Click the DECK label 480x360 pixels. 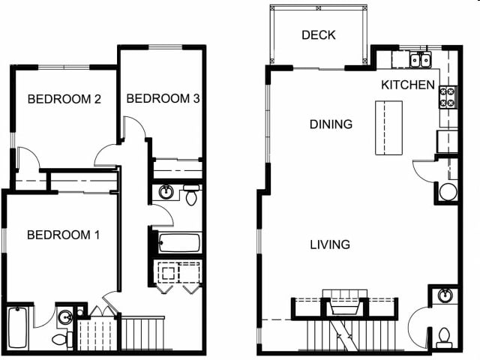coord(318,35)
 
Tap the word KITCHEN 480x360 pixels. coord(407,85)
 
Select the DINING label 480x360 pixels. coord(331,124)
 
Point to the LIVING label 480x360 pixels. coord(331,244)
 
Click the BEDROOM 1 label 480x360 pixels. coord(63,235)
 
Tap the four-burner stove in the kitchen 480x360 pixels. coord(446,96)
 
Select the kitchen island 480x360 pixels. coord(388,127)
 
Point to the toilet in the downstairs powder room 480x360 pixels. coord(444,334)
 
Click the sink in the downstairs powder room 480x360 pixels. coord(444,295)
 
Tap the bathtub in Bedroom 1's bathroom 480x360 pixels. coord(17,328)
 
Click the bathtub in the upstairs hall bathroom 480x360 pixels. coord(179,243)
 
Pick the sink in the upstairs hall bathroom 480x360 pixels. coord(166,193)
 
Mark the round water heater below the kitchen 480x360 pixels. coord(447,192)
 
